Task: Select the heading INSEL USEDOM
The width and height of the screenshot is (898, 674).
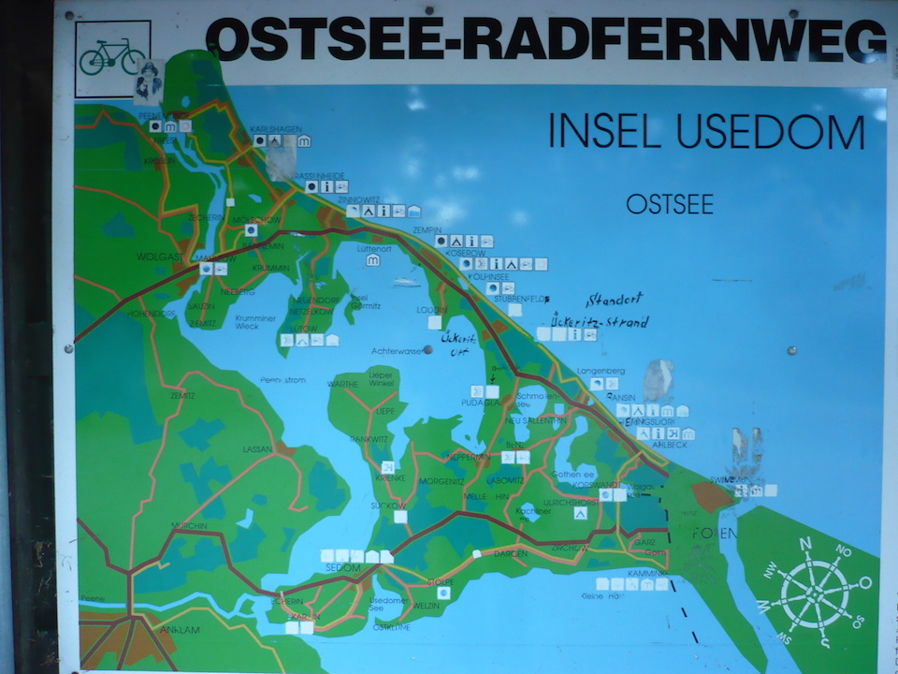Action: [706, 132]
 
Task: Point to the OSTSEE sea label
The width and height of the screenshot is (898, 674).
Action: [670, 204]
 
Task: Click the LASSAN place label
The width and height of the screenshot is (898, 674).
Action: [256, 449]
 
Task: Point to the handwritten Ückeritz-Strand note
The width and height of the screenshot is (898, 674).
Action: [599, 321]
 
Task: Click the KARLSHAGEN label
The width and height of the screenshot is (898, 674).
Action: [274, 128]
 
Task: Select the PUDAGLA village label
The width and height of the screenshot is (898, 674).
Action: [479, 403]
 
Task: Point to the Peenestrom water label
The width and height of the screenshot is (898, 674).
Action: [282, 380]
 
